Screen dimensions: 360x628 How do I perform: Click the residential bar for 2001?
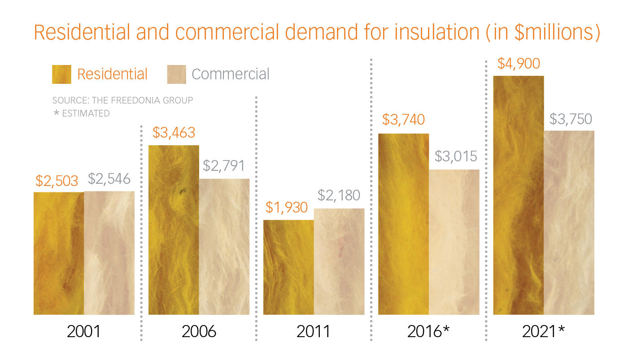pyautogui.click(x=59, y=253)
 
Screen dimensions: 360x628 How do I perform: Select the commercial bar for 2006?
pyautogui.click(x=224, y=247)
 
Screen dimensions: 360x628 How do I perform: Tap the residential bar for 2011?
pyautogui.click(x=288, y=267)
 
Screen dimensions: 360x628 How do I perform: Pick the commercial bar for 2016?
pyautogui.click(x=454, y=242)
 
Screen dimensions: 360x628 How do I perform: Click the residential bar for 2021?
pyautogui.click(x=519, y=195)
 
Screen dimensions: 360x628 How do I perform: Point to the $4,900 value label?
pyautogui.click(x=518, y=63)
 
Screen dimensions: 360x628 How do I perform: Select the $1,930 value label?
pyautogui.click(x=287, y=208)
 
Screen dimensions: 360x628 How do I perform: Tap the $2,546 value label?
pyautogui.click(x=109, y=179)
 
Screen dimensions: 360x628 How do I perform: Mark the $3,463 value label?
pyautogui.click(x=174, y=133)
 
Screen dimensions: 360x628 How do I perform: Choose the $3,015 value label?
pyautogui.click(x=456, y=156)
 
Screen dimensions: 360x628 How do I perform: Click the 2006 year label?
pyautogui.click(x=199, y=332)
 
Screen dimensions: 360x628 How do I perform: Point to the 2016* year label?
pyautogui.click(x=428, y=332)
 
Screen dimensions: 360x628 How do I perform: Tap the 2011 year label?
pyautogui.click(x=313, y=332)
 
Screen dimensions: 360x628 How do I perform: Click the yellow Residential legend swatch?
pyautogui.click(x=61, y=74)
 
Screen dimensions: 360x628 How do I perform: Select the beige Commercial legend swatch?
pyautogui.click(x=176, y=74)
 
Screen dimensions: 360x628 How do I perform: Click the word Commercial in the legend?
pyautogui.click(x=231, y=74)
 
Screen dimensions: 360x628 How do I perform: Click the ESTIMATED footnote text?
pyautogui.click(x=85, y=113)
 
